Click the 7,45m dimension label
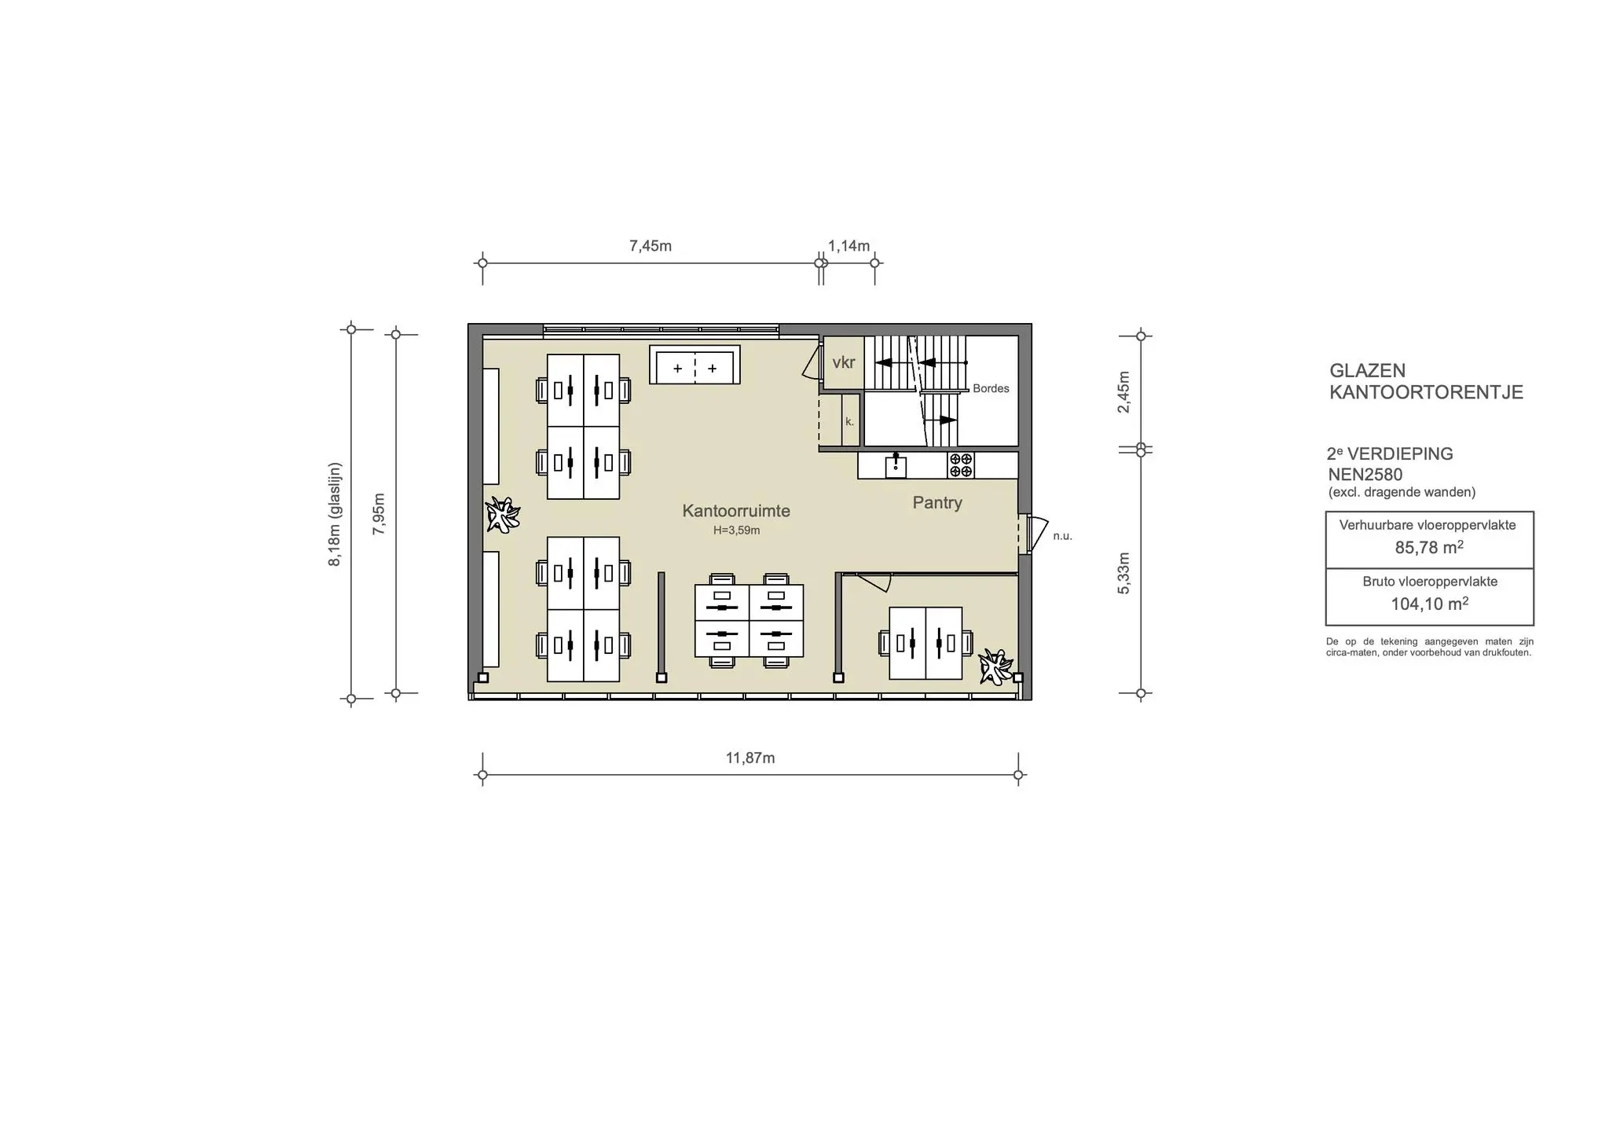pyautogui.click(x=651, y=246)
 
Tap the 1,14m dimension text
pyautogui.click(x=849, y=246)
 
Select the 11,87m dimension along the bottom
pyautogui.click(x=750, y=758)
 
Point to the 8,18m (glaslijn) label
pyautogui.click(x=335, y=514)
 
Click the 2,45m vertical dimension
pyautogui.click(x=1124, y=391)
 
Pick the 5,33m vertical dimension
pyautogui.click(x=1124, y=573)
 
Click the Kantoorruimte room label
pyautogui.click(x=736, y=511)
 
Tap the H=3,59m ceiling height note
pyautogui.click(x=736, y=530)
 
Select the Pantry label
pyautogui.click(x=937, y=503)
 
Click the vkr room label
pyautogui.click(x=844, y=362)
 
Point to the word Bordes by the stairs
pyautogui.click(x=991, y=388)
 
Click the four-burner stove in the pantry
pyautogui.click(x=961, y=464)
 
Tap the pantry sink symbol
pyautogui.click(x=896, y=465)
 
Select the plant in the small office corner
pyautogui.click(x=995, y=666)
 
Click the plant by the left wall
pyautogui.click(x=503, y=515)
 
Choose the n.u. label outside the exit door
pyautogui.click(x=1062, y=536)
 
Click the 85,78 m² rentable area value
pyautogui.click(x=1429, y=548)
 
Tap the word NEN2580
pyautogui.click(x=1365, y=475)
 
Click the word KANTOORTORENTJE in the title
pyautogui.click(x=1426, y=392)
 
